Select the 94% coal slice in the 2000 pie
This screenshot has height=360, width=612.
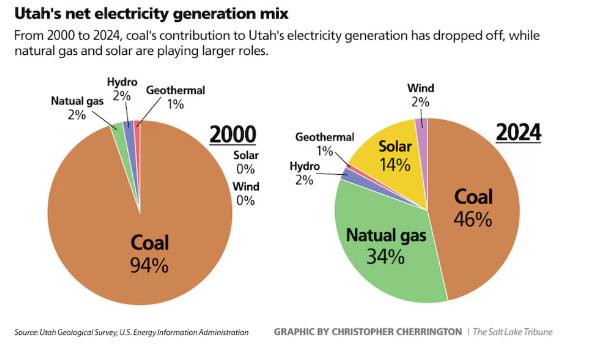tap(110, 230)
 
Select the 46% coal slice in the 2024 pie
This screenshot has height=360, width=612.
tap(477, 219)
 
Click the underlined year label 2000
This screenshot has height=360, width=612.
tap(233, 134)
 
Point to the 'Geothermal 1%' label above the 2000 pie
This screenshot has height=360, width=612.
tap(175, 96)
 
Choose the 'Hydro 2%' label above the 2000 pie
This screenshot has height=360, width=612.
tap(122, 89)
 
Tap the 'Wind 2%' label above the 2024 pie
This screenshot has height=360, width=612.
tap(421, 94)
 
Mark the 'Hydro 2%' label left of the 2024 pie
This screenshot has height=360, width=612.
tap(304, 173)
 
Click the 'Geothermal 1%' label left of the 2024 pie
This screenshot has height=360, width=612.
tap(325, 144)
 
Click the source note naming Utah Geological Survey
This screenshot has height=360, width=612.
tap(131, 332)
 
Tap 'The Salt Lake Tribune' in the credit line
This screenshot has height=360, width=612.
tap(513, 332)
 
